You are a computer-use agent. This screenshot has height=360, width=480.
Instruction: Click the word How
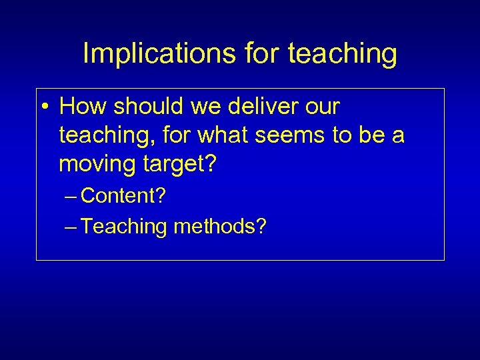82,107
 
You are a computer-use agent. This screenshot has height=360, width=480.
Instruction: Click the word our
322,107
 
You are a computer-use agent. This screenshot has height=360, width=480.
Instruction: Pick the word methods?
220,227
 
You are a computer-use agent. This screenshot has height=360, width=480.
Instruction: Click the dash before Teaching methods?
71,227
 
